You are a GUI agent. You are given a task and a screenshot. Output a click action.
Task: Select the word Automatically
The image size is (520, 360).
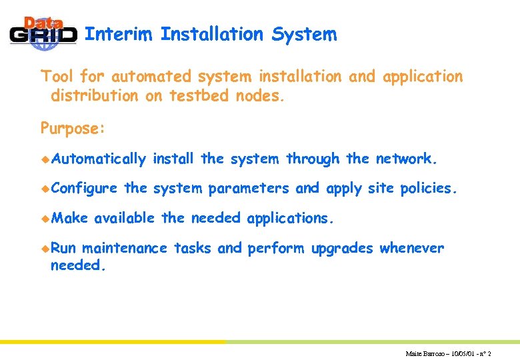(98, 159)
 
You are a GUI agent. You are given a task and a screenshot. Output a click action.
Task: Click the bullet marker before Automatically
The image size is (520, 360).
(45, 159)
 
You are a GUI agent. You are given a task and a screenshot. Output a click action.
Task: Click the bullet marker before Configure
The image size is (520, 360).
(45, 189)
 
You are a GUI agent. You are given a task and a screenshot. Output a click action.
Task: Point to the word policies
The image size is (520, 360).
(429, 189)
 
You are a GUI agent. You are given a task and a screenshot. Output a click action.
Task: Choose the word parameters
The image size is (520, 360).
(249, 189)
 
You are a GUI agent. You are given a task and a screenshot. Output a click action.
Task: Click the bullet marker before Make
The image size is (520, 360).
(45, 218)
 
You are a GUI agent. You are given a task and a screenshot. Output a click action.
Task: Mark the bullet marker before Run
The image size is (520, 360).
(45, 248)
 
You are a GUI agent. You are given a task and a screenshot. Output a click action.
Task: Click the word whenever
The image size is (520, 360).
(411, 249)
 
